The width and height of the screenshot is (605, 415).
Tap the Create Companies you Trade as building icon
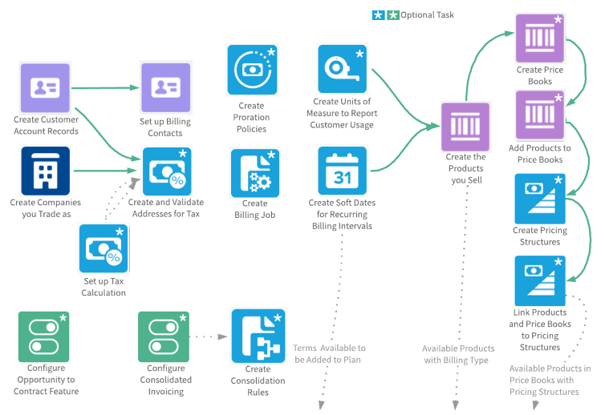tap(46, 170)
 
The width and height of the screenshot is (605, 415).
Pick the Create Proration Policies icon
tap(252, 70)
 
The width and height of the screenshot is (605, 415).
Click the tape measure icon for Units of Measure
tap(343, 70)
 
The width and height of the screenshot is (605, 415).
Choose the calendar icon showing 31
tap(343, 171)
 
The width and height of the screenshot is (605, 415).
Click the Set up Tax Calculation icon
tap(104, 248)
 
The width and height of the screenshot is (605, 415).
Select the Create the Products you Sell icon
tap(465, 126)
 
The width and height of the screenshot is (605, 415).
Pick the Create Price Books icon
tap(540, 38)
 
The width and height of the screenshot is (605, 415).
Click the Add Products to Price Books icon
tap(540, 115)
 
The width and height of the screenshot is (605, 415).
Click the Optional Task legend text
tap(427, 14)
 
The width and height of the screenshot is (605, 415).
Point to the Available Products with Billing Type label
tap(458, 353)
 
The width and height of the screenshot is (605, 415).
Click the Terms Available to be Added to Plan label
tap(330, 353)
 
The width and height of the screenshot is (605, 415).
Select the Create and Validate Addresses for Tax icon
tap(168, 171)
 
